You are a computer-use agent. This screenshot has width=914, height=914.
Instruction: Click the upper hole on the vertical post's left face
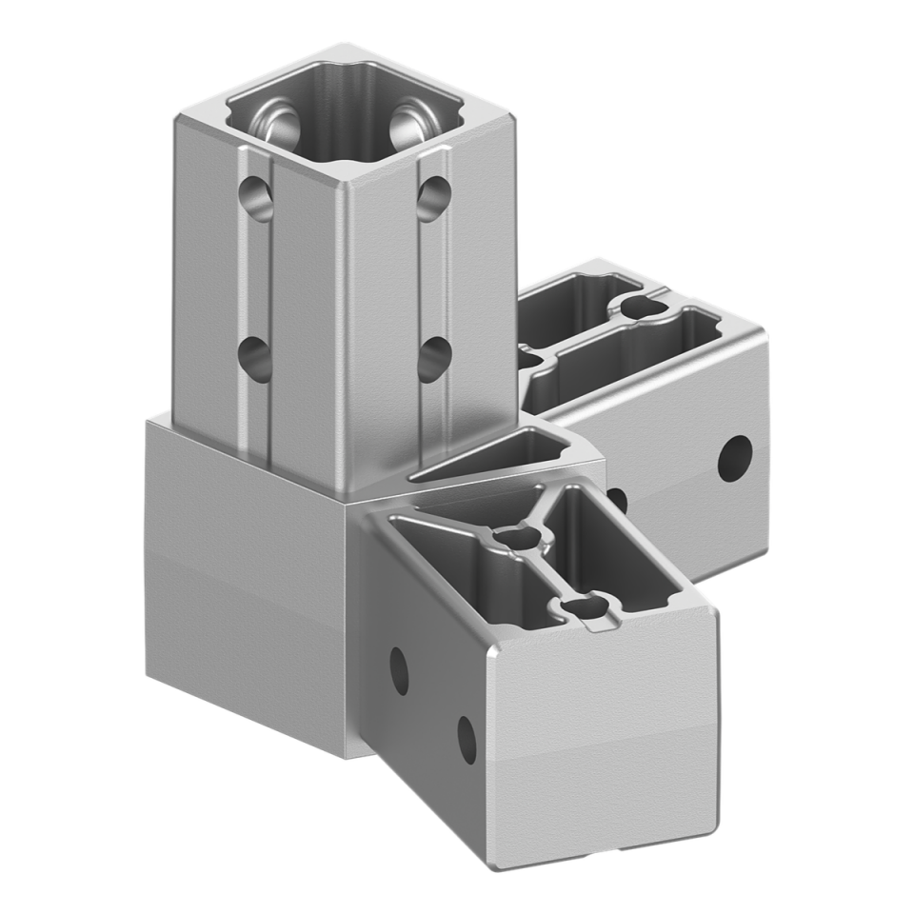click(256, 198)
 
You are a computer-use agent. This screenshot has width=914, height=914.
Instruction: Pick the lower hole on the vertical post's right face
click(434, 358)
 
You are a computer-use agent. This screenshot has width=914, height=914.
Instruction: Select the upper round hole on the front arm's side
click(400, 669)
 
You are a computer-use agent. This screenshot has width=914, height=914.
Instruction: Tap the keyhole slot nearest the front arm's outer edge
click(582, 607)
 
